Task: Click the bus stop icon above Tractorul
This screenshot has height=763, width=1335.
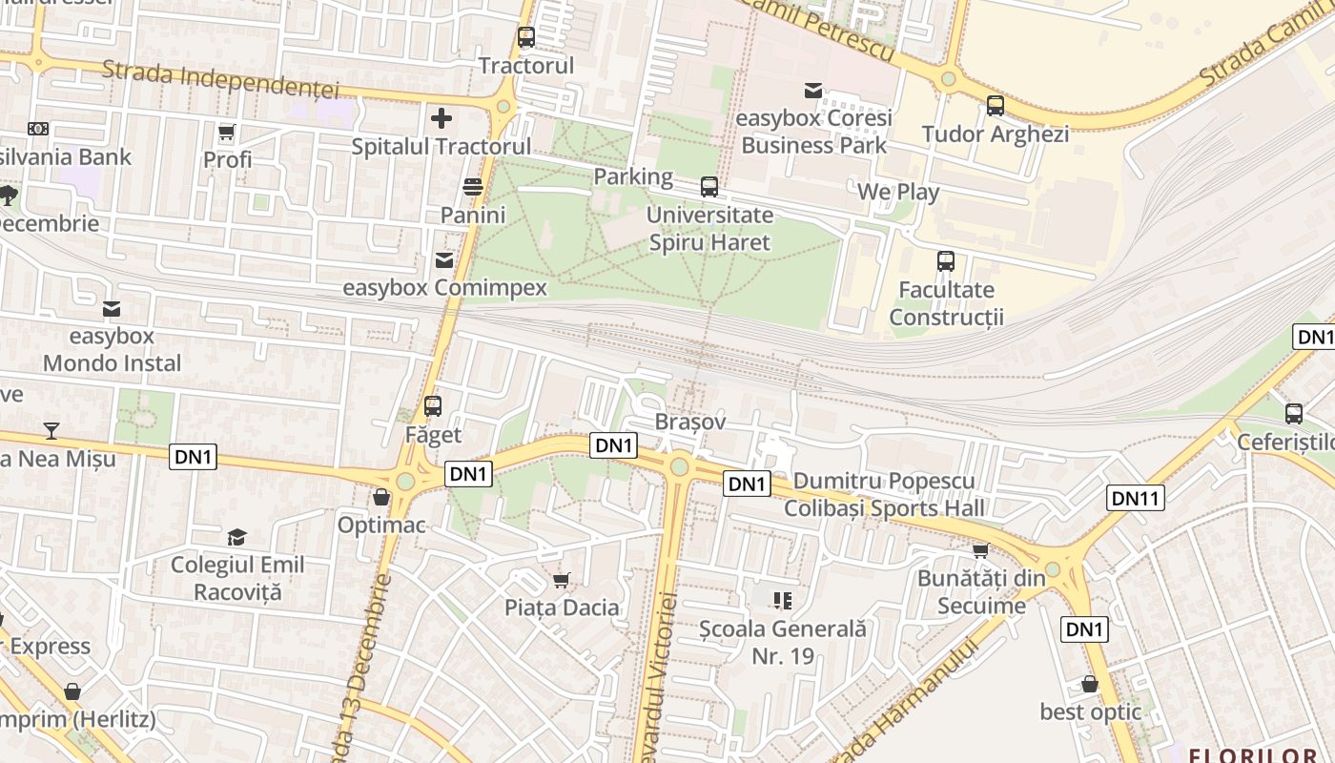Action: pyautogui.click(x=525, y=37)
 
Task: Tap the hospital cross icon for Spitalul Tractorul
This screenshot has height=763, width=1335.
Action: pyautogui.click(x=442, y=118)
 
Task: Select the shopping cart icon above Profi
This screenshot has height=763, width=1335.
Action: pyautogui.click(x=227, y=132)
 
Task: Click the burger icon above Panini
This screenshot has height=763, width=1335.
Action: pyautogui.click(x=473, y=186)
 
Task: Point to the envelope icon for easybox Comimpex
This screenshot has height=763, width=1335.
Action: pyautogui.click(x=444, y=259)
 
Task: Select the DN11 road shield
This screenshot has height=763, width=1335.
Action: pyautogui.click(x=1136, y=497)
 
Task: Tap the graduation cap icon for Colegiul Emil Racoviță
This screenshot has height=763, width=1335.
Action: pyautogui.click(x=236, y=537)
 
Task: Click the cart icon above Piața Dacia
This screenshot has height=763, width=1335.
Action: pyautogui.click(x=562, y=580)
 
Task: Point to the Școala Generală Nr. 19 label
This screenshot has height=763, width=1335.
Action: pyautogui.click(x=783, y=642)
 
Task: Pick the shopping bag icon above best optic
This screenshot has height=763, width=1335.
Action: pyautogui.click(x=1089, y=684)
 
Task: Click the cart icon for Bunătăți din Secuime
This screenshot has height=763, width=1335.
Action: pyautogui.click(x=980, y=550)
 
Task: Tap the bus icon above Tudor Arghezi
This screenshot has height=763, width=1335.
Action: pyautogui.click(x=996, y=106)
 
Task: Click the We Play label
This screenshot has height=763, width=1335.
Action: pyautogui.click(x=898, y=192)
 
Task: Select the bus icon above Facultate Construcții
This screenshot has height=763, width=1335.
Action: pyautogui.click(x=946, y=261)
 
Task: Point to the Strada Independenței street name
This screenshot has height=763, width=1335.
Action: pyautogui.click(x=220, y=80)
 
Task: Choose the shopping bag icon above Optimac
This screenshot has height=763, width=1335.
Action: pyautogui.click(x=381, y=497)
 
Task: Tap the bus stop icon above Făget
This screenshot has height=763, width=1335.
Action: pyautogui.click(x=433, y=406)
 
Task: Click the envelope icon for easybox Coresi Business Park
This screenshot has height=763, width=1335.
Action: pyautogui.click(x=813, y=90)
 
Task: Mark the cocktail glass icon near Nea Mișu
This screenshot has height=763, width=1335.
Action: pyautogui.click(x=51, y=431)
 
